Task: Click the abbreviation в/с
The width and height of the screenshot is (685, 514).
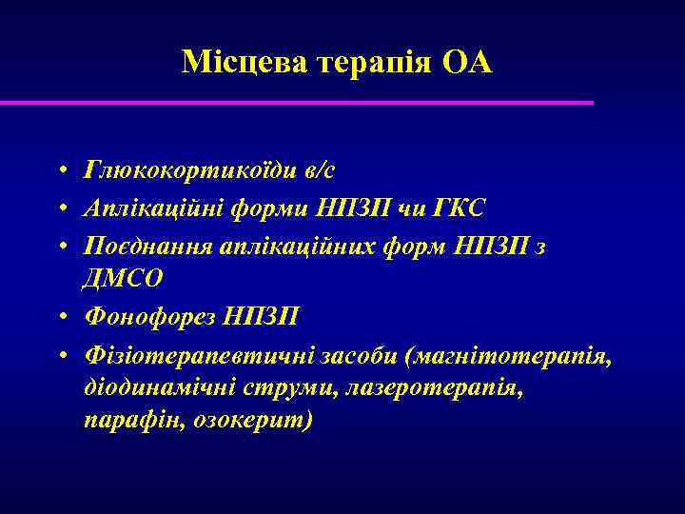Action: point(319,170)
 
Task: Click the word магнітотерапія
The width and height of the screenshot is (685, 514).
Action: point(506,355)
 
